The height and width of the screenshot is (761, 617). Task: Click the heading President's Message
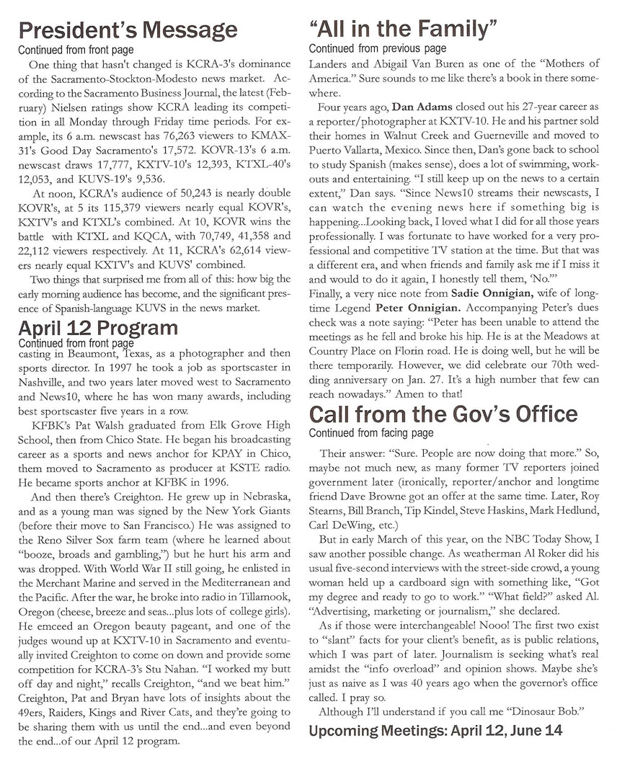pos(127,30)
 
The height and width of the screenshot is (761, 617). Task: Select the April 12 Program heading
pos(97,329)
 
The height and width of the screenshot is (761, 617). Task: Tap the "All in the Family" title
pos(403,30)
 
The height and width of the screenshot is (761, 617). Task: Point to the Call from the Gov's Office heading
pos(443,414)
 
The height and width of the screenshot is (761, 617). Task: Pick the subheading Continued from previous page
pos(377,49)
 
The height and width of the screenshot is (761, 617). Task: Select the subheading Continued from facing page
pos(371,433)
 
